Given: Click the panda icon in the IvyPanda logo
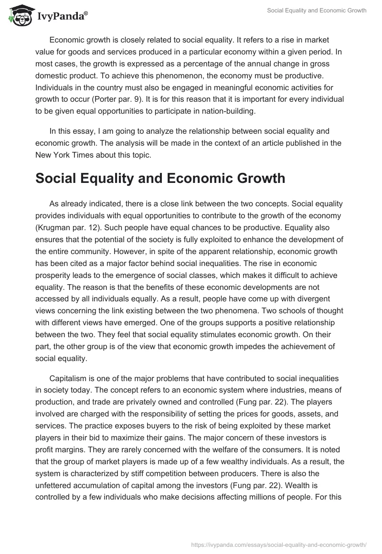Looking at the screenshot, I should pos(18,16).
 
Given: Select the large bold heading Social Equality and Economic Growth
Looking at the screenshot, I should pos(160,178).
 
